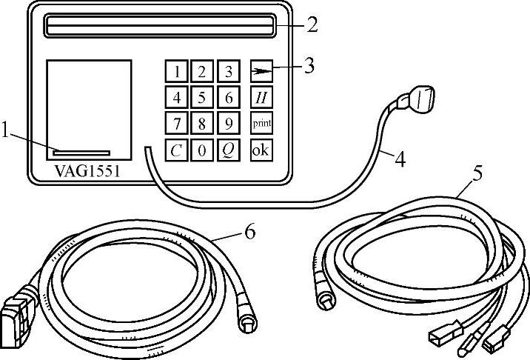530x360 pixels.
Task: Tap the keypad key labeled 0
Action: [x=201, y=150]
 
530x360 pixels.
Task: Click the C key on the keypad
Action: [x=176, y=150]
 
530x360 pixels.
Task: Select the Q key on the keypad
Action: [x=229, y=150]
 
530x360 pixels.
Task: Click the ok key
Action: [x=261, y=150]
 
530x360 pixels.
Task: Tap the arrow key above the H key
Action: [x=261, y=71]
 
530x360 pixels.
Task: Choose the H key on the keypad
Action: [x=261, y=97]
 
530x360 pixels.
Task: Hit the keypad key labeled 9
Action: [x=229, y=123]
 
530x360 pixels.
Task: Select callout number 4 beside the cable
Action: [x=399, y=158]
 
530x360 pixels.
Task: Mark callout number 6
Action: [x=249, y=233]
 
